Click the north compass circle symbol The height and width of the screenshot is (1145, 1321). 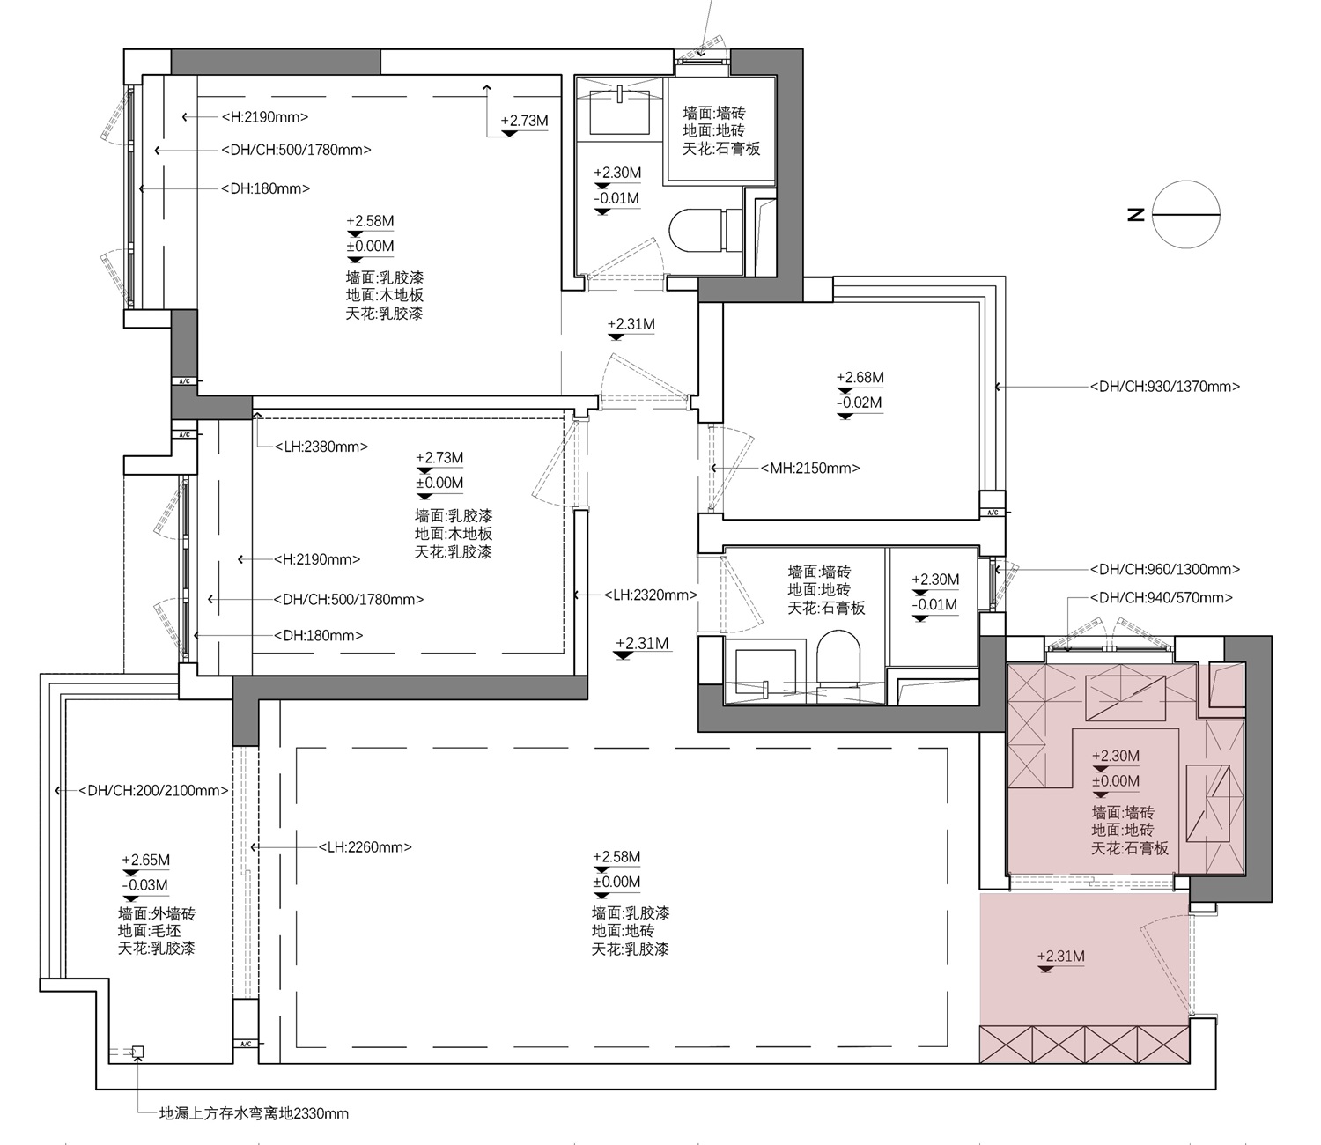[1186, 214]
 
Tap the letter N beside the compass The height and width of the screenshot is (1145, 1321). [1136, 215]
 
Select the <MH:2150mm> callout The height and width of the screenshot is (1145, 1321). [809, 468]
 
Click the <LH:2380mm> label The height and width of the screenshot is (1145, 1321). [321, 447]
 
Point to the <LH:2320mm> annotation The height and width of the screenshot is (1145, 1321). [651, 595]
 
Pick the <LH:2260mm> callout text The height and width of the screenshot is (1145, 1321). [365, 847]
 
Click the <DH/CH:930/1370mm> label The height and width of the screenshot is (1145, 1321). [1165, 386]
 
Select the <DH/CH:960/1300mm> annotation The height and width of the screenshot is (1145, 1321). [1165, 569]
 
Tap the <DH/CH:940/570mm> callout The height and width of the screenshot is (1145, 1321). [1162, 598]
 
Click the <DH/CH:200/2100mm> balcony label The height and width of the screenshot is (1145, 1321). [153, 790]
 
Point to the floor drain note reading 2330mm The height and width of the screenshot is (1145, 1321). [254, 1113]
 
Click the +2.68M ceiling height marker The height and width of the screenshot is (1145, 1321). [860, 377]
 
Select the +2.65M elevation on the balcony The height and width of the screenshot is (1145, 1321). [145, 860]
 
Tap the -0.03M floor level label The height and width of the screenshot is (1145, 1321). [144, 885]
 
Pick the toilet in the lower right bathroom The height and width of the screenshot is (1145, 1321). [838, 659]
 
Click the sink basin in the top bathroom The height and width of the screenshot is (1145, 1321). [618, 112]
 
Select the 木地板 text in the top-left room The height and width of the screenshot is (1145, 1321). [402, 295]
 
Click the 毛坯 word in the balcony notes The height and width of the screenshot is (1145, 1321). [165, 930]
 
